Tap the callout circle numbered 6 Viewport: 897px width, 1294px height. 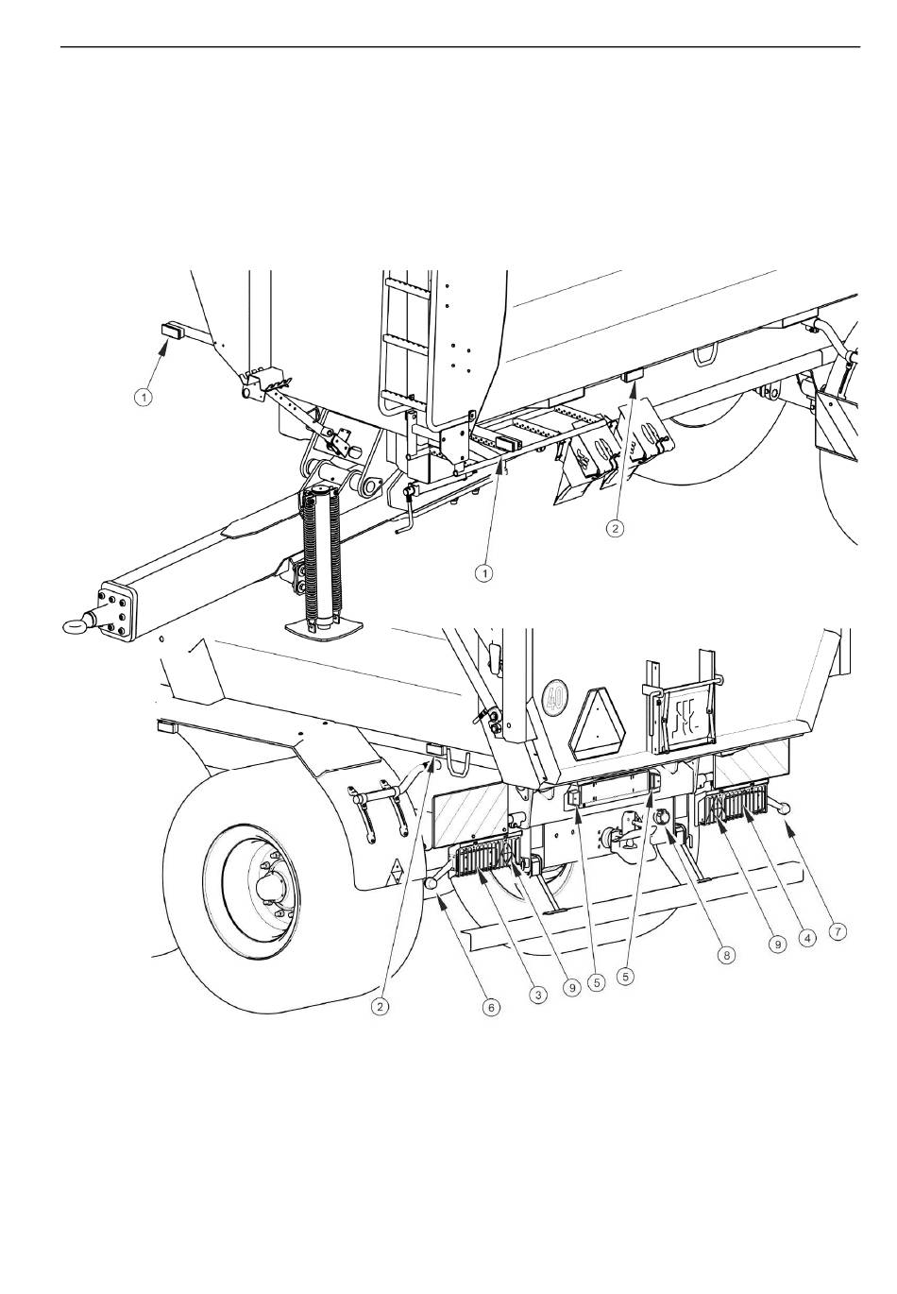coord(491,1008)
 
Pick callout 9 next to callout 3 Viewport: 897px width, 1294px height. coord(572,988)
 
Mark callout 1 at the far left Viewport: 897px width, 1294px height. coord(144,398)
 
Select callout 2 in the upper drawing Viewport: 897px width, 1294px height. coord(615,527)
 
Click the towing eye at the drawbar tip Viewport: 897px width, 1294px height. coord(76,624)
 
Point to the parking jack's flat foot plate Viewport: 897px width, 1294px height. coord(324,627)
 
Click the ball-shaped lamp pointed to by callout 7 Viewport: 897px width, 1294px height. coord(787,809)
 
